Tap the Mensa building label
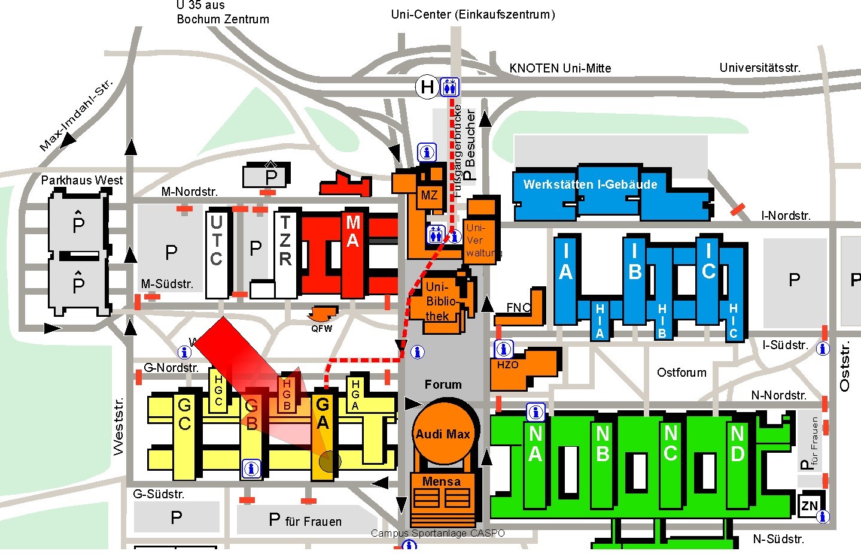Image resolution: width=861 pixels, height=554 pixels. pos(442,482)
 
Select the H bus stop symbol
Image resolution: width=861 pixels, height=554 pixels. pos(427,87)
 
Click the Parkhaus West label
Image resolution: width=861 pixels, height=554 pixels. pos(82,180)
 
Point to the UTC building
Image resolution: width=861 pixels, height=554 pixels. pos(217,252)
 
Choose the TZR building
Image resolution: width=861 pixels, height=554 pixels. pos(285,252)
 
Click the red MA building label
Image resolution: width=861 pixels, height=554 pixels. pos(353,232)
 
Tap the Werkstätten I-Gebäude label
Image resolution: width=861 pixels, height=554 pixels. pos(590,184)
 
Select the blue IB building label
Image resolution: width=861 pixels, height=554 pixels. pos(635,262)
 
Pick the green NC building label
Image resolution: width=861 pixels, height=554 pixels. pos(671,443)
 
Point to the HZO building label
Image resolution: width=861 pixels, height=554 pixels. pos(508,365)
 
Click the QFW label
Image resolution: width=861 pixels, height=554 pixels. pos(321,328)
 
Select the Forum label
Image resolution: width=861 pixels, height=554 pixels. pos(443,385)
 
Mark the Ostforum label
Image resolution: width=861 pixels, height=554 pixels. pos(682,373)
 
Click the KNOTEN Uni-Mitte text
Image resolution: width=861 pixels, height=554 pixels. pos(560,68)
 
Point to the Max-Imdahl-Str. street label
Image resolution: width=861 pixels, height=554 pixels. pos(76,115)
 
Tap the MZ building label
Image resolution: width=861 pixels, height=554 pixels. pos(429,195)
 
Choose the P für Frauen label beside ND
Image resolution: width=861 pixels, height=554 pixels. pos(810,444)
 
